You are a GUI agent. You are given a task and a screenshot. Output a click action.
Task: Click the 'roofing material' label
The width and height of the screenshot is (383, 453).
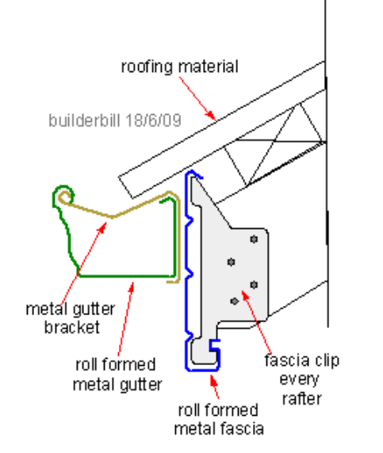pos(180,67)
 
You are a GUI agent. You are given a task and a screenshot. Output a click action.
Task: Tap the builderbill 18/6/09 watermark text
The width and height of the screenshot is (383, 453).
pos(115,120)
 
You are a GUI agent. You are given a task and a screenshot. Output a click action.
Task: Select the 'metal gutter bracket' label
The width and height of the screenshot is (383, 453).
pos(71,318)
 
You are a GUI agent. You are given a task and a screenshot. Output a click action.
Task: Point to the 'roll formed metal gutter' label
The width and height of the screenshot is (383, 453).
pos(117,375)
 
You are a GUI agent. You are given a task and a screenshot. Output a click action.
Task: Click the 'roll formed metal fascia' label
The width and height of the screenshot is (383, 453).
pos(219,419)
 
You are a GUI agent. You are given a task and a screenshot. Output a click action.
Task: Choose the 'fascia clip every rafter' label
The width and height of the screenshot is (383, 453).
pos(301,379)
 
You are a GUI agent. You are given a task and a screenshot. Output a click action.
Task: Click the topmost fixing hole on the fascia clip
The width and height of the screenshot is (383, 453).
pos(254,239)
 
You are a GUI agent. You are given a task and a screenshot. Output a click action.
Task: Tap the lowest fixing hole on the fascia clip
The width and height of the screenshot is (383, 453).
pos(234,301)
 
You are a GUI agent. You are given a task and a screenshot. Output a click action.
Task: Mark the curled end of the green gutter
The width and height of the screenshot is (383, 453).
pos(63,193)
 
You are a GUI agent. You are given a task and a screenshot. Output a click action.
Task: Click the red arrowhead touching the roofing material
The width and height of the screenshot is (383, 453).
pos(211,115)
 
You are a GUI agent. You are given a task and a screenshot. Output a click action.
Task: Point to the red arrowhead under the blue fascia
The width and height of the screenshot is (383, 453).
pos(214,380)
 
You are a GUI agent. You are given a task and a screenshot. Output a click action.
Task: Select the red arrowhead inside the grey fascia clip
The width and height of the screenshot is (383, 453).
pos(245,296)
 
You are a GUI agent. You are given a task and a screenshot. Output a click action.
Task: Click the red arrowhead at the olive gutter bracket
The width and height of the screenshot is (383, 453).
pos(102,227)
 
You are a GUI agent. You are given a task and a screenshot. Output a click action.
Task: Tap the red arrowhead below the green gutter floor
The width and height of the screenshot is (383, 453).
pos(132,287)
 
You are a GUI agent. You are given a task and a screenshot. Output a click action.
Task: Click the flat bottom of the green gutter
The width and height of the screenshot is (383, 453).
pos(126,276)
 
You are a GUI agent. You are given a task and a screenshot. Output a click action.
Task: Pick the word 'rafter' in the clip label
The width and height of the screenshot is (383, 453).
pos(301,398)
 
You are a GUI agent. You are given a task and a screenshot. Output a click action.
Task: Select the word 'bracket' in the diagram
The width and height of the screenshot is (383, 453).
pos(72,327)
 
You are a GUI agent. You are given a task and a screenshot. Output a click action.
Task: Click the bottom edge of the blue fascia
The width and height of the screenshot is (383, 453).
pos(202,370)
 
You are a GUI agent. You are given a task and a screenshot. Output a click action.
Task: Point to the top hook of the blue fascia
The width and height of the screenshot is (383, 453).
pos(193,173)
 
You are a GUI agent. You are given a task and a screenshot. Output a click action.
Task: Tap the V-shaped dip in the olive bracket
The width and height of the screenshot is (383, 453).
pos(113,216)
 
